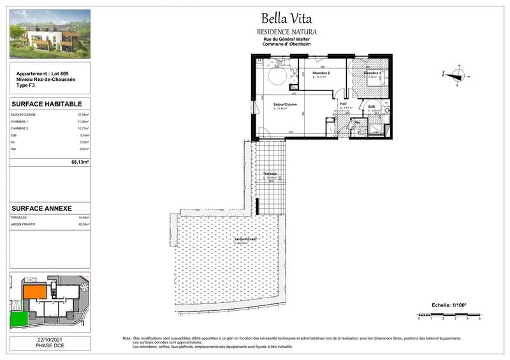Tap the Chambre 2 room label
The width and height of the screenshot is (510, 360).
(320, 73)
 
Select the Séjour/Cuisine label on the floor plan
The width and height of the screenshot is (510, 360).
(284, 104)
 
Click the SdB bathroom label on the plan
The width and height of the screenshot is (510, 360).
(371, 106)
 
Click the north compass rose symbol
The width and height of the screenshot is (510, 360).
(456, 75)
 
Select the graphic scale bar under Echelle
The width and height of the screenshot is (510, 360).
(448, 314)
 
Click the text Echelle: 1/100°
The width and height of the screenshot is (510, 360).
(449, 305)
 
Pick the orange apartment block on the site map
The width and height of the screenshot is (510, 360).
(35, 292)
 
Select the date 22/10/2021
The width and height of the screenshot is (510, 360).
(50, 340)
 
